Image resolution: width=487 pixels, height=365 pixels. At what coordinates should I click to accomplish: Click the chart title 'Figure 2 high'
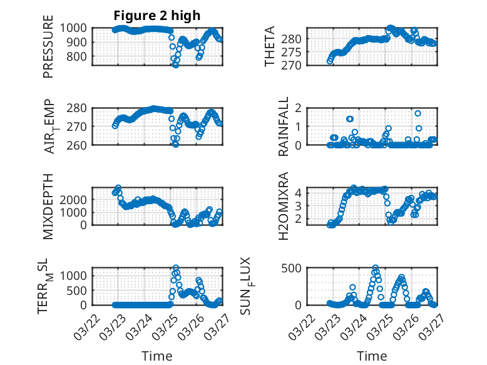coord(156,16)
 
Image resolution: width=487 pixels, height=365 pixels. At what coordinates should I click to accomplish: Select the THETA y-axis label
coord(270,47)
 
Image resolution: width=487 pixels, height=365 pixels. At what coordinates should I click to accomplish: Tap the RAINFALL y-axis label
coord(284,126)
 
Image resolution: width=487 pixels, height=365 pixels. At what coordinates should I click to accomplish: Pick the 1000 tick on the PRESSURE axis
coord(78,28)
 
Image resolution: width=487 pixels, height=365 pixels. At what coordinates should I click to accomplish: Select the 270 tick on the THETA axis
coord(295,65)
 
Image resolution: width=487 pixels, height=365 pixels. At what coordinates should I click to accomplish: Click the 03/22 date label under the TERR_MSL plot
coord(88,322)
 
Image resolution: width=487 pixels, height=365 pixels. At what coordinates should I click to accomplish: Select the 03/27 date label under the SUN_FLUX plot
coord(428,322)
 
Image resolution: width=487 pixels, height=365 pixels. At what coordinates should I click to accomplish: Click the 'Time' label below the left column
coord(156,356)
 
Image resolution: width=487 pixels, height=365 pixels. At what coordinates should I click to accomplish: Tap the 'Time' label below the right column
coord(372,356)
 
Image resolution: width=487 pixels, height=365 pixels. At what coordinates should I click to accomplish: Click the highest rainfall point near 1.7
coord(418,113)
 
